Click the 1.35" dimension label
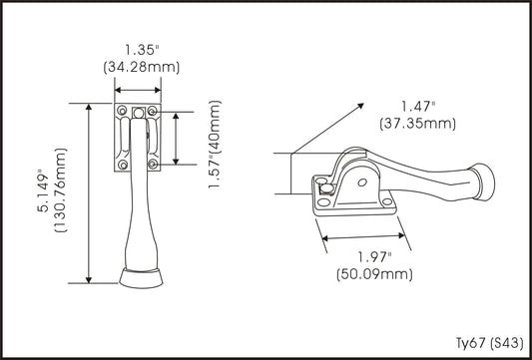[142, 50]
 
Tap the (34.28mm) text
[142, 68]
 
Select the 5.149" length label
[44, 190]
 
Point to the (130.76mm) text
[61, 189]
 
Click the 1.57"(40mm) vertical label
[215, 145]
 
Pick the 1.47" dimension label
[418, 107]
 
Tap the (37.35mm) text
[417, 124]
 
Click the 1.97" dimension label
[375, 257]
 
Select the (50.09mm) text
[374, 274]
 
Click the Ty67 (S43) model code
[490, 343]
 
